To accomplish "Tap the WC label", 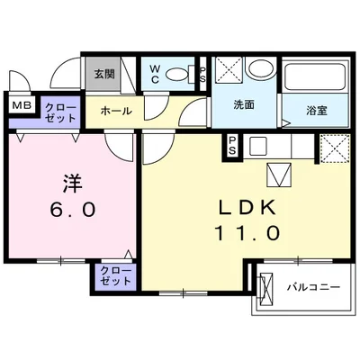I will (156, 71).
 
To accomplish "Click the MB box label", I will (19, 106).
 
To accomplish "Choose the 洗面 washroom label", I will (245, 105).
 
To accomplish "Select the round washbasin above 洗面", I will (261, 72).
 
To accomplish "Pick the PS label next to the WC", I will (202, 72).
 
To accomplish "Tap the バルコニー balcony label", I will (313, 287).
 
